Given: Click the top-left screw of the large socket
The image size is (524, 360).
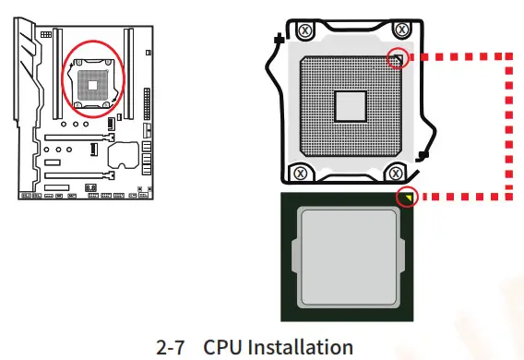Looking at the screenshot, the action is (x=303, y=29).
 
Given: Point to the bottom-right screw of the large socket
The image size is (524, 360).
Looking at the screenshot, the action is (x=396, y=172).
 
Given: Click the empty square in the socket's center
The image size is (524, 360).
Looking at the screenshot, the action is (x=350, y=105).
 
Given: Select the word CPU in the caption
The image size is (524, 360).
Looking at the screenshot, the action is (x=220, y=347).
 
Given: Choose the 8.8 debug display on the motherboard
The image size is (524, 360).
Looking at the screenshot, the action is (x=90, y=187).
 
